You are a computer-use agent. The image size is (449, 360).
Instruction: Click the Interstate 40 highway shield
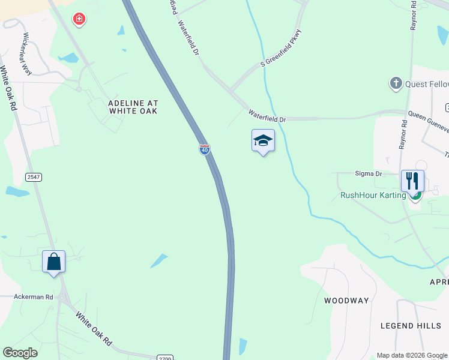(205, 149)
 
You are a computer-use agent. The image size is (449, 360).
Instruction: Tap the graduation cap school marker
(263, 141)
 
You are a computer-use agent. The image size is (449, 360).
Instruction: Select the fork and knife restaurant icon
(412, 181)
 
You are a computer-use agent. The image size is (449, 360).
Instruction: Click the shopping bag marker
(54, 262)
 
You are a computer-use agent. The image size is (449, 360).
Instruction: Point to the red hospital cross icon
(79, 20)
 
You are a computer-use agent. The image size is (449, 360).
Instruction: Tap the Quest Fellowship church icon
(396, 83)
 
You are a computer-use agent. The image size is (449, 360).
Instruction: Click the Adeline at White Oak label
(133, 107)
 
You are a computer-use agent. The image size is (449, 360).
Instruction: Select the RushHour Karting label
(373, 195)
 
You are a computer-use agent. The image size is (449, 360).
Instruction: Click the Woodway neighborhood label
(346, 300)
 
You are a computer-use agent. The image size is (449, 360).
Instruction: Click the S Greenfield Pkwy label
(281, 47)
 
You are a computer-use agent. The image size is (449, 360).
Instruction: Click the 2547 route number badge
(33, 176)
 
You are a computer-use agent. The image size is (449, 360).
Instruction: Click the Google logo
(20, 353)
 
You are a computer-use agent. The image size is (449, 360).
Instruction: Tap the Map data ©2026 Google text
(412, 355)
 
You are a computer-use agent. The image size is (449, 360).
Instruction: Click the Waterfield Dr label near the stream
(267, 116)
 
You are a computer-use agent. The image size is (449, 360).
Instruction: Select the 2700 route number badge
(165, 358)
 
